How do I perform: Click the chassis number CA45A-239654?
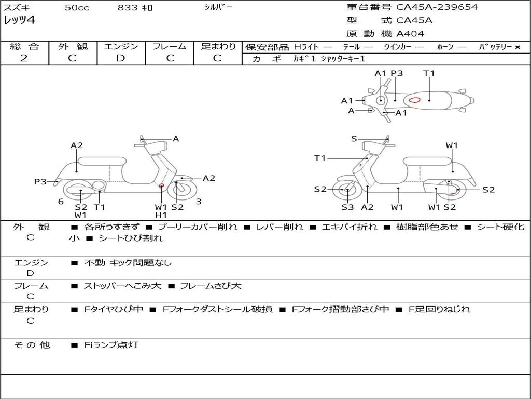click(x=437, y=7)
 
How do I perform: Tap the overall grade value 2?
click(x=24, y=58)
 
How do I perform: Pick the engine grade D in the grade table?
click(x=120, y=58)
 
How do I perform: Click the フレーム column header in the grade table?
click(x=170, y=46)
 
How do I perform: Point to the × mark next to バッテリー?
click(x=518, y=47)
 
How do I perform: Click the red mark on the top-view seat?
click(x=414, y=100)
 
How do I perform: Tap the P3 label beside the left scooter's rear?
click(x=40, y=181)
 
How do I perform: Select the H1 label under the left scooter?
click(x=161, y=215)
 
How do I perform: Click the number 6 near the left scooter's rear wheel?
click(x=61, y=202)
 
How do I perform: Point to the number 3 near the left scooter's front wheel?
click(x=199, y=202)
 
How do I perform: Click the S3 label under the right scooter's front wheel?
click(x=347, y=207)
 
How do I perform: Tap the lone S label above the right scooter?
click(x=354, y=138)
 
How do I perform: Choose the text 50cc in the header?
click(x=77, y=7)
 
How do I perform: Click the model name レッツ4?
click(x=19, y=20)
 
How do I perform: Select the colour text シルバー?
click(x=218, y=7)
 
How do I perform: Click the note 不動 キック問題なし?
click(x=128, y=262)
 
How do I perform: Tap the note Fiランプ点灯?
click(x=111, y=345)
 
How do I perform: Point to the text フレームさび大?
click(x=211, y=286)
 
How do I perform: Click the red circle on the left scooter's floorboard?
click(x=162, y=185)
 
